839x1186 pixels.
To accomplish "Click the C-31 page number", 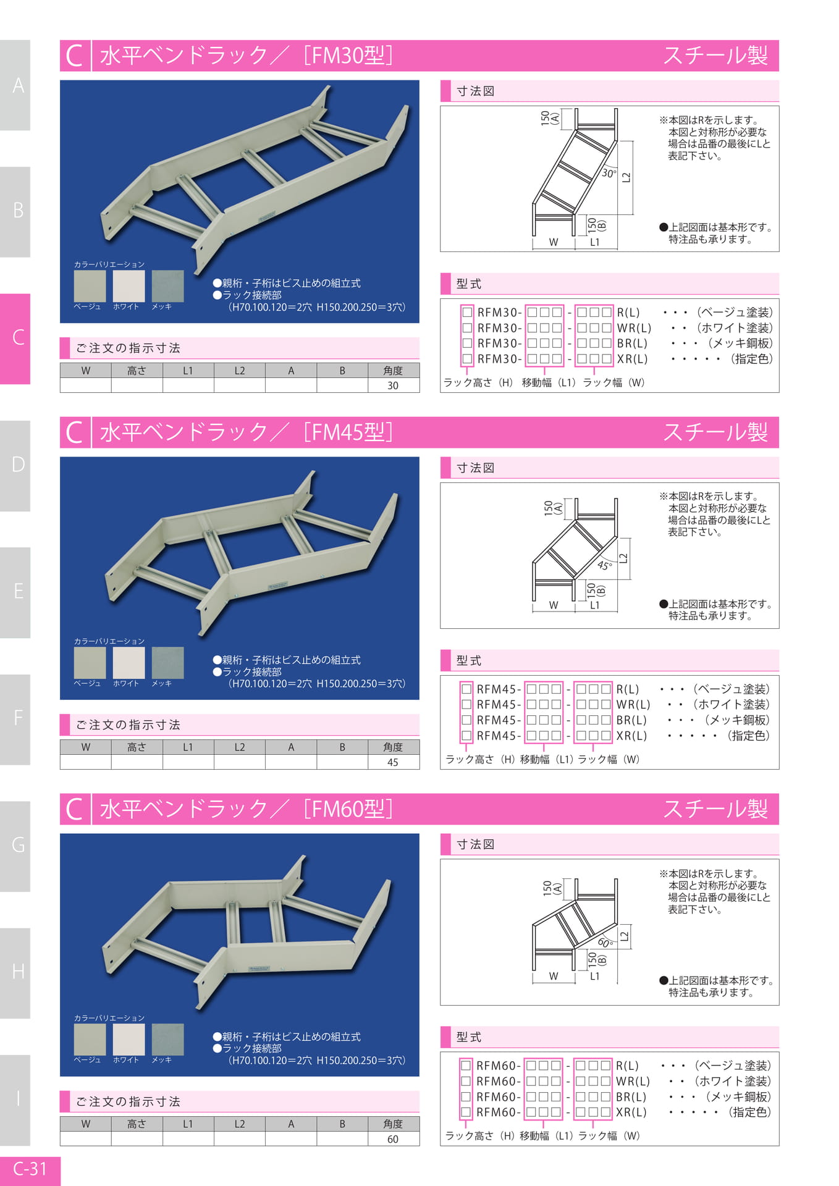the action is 30,1168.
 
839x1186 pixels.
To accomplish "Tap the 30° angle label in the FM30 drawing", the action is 609,174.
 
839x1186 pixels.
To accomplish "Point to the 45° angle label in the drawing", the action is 605,565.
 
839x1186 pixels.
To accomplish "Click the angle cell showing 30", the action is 393,385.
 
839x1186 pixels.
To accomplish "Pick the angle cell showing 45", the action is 393,762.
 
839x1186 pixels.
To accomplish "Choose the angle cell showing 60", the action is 393,1139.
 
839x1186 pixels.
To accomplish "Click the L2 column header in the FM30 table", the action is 240,371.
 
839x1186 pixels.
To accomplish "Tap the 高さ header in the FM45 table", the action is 137,747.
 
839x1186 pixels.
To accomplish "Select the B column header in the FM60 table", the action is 342,1124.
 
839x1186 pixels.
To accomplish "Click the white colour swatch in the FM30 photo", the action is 129,286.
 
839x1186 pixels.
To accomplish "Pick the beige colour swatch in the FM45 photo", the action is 90,663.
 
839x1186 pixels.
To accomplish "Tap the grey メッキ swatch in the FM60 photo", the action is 167,1040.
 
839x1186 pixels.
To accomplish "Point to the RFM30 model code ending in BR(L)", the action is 555,343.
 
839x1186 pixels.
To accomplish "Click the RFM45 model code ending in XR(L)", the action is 554,736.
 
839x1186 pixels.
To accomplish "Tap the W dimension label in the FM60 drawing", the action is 554,976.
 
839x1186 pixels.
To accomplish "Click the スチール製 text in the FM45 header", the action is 715,432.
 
